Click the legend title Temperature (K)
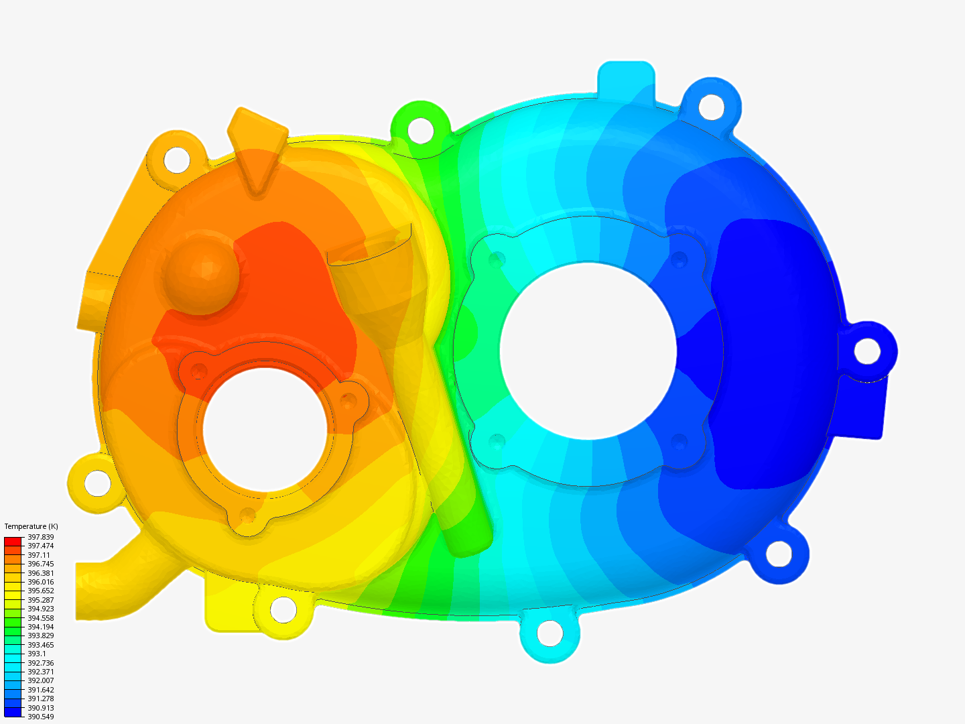coord(31,526)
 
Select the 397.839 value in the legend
coord(40,537)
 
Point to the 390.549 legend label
coord(40,717)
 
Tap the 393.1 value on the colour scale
coord(36,654)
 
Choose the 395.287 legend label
coord(40,600)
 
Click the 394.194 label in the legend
coord(40,627)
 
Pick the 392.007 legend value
coord(40,680)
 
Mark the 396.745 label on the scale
coord(40,564)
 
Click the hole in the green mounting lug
coord(420,129)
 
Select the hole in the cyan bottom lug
coord(550,633)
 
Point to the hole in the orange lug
coord(178,159)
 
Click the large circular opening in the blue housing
coord(588,351)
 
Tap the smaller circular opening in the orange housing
coord(265,430)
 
